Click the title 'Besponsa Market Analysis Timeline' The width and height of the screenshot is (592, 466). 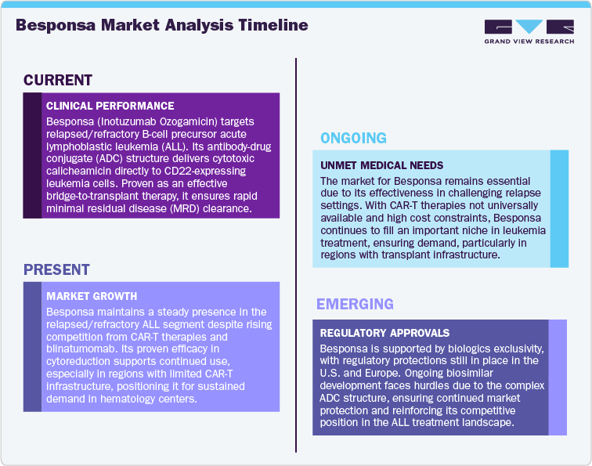pyautogui.click(x=161, y=25)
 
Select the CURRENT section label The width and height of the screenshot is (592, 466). pyautogui.click(x=58, y=80)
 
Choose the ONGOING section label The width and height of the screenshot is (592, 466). pyautogui.click(x=353, y=139)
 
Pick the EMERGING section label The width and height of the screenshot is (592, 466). pyautogui.click(x=355, y=304)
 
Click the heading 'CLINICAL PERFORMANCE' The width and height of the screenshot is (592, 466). pyautogui.click(x=110, y=106)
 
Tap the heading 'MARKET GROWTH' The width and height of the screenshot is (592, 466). pyautogui.click(x=92, y=296)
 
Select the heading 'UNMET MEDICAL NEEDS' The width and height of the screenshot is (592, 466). pyautogui.click(x=382, y=165)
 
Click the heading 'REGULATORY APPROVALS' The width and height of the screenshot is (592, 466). pyautogui.click(x=384, y=332)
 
